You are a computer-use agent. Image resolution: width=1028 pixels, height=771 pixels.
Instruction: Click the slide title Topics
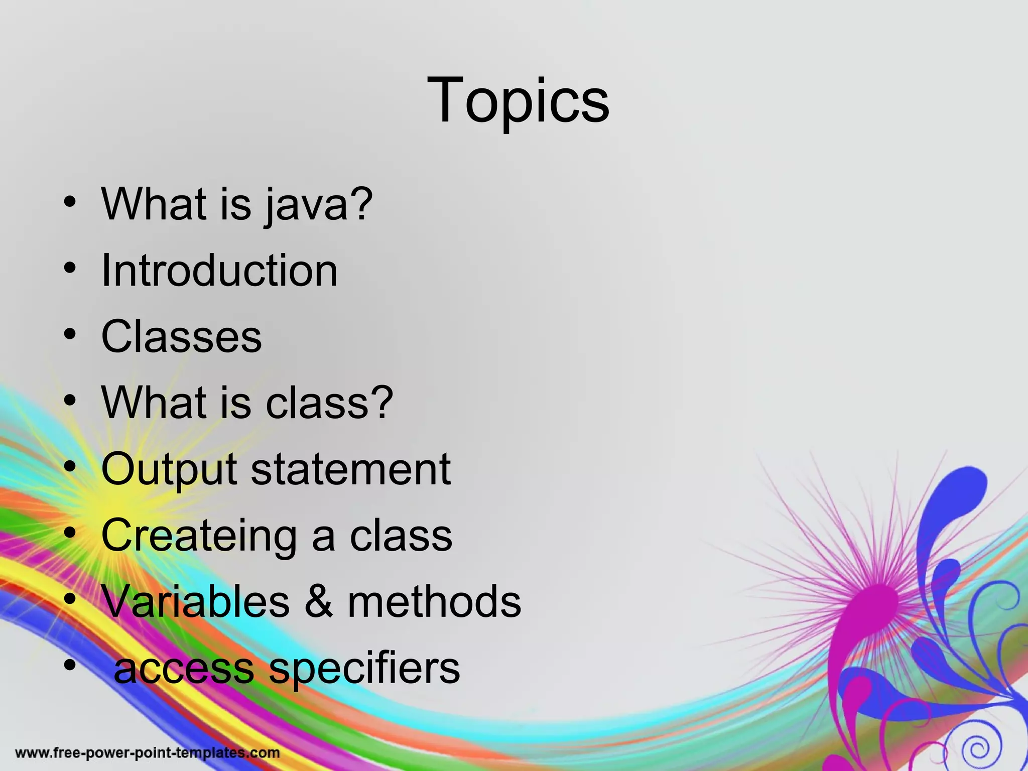pos(518,100)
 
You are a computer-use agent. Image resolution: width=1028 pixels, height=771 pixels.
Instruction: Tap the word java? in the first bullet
pos(319,205)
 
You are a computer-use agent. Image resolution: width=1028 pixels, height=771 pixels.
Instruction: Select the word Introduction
pos(219,271)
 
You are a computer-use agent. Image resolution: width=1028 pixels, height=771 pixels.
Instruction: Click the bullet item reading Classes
pos(181,337)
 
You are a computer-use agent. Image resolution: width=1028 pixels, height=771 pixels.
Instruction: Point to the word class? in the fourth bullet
pos(329,403)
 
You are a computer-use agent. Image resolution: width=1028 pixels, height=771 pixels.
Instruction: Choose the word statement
pos(350,469)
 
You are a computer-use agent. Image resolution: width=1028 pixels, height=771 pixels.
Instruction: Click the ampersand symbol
pos(318,602)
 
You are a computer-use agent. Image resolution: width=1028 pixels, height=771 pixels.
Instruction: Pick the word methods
pos(434,602)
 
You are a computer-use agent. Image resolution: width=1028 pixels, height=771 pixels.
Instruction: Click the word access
pos(184,669)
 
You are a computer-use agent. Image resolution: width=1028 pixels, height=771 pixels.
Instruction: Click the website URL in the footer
pos(148,753)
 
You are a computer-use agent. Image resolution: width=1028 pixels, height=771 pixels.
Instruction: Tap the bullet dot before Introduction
pos(70,268)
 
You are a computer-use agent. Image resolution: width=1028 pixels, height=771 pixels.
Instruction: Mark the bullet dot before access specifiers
pos(70,666)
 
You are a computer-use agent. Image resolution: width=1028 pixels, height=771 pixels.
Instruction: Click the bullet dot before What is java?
pos(70,202)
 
